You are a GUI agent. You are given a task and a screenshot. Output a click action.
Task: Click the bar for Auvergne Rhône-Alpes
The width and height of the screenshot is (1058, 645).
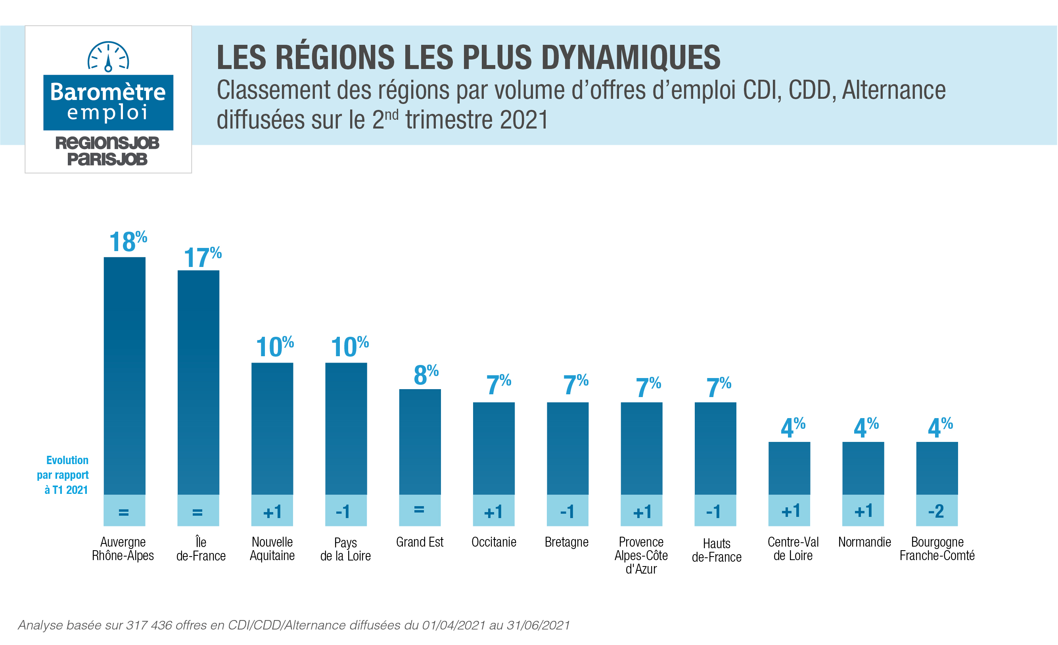125,376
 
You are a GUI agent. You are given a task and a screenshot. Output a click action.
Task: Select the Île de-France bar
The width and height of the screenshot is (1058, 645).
198,382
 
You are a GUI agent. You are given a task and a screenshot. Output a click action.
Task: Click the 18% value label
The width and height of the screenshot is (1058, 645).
128,241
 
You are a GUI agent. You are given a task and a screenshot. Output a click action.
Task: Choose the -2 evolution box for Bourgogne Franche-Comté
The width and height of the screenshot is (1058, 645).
937,511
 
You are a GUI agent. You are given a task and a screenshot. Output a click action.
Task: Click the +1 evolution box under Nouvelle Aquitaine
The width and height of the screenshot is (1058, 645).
272,511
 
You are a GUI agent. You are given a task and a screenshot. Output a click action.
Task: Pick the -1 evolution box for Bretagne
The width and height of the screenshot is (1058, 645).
567,511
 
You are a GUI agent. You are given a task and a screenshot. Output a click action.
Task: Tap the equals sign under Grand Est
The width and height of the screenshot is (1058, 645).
420,510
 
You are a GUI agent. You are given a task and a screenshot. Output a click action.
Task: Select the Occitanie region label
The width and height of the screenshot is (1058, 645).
494,542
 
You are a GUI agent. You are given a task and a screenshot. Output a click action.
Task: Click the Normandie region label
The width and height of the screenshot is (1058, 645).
864,542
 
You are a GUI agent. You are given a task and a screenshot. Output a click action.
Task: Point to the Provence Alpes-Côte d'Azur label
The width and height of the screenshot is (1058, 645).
641,555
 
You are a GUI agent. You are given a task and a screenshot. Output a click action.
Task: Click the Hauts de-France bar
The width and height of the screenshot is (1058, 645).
715,448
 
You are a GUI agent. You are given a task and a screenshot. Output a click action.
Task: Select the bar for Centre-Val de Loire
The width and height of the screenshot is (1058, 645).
789,468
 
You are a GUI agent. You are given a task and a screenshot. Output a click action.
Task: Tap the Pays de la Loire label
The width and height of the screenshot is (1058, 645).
346,549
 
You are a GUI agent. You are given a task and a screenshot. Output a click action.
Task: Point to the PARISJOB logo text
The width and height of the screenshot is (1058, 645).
107,159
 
